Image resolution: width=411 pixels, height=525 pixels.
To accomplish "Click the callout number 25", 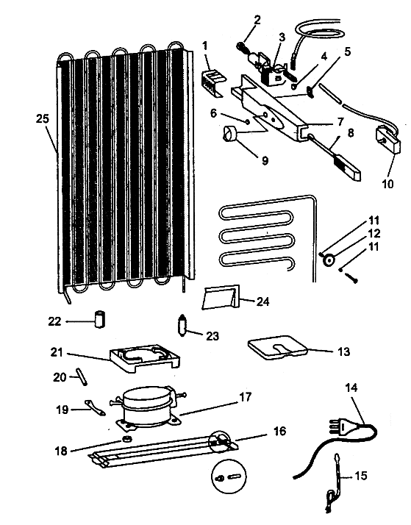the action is pos(43,119).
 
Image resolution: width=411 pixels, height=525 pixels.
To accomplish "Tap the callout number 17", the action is pos(245,397).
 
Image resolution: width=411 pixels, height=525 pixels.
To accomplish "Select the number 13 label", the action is pos(344,351).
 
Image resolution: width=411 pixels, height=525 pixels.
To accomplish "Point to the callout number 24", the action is pos(262,302).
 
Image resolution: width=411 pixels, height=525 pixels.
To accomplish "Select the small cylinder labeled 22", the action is pos(99,319).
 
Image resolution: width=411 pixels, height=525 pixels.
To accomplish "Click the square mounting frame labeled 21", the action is pos(145,359).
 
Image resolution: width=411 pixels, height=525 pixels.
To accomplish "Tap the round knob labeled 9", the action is pos(229,133).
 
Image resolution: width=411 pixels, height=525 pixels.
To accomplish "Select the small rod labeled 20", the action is pos(82,376).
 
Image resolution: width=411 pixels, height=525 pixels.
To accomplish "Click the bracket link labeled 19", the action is pos(95,407).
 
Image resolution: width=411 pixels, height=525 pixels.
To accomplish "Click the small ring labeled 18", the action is pos(127,439).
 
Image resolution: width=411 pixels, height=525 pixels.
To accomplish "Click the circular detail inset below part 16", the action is pos(229,476).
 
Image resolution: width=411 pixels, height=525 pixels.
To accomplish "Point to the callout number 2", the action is pos(257,20).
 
